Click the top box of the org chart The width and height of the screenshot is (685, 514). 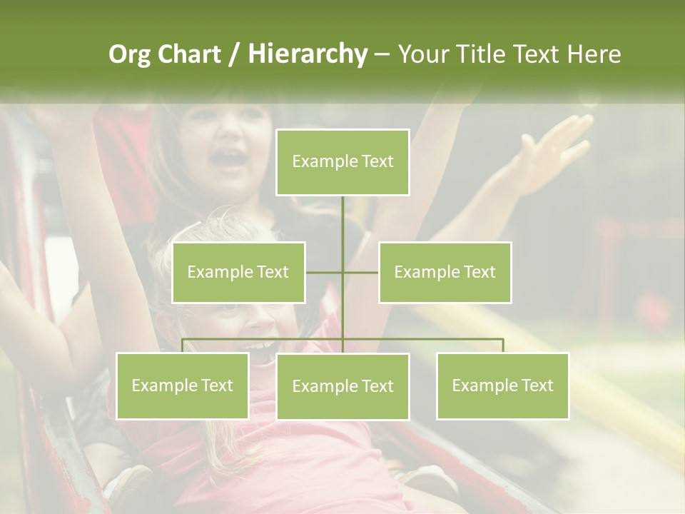pos(342,162)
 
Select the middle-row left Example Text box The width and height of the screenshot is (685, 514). pos(238,272)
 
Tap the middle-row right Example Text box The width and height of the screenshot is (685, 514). pos(445,272)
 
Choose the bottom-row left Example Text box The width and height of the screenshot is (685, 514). pos(182,385)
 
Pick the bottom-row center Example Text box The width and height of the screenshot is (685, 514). pos(342,386)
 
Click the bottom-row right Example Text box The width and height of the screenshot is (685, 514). pos(502,385)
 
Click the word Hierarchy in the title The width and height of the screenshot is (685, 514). pos(307,54)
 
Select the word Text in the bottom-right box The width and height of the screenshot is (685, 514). pos(537,385)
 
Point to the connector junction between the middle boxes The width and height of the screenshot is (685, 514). pos(342,272)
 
